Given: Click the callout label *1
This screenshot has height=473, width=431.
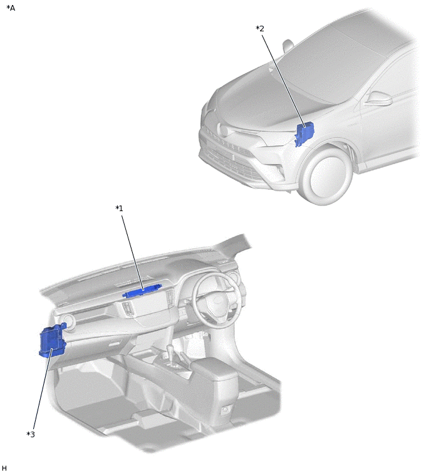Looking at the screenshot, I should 119,208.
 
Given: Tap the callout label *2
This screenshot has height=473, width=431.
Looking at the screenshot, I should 260,29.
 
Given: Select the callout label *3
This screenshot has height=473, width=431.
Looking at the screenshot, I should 30,434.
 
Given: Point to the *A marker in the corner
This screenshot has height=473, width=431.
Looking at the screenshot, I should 11,8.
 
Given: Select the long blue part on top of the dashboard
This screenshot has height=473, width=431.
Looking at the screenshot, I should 143,291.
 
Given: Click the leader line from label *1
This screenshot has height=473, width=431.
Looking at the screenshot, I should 133,251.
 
